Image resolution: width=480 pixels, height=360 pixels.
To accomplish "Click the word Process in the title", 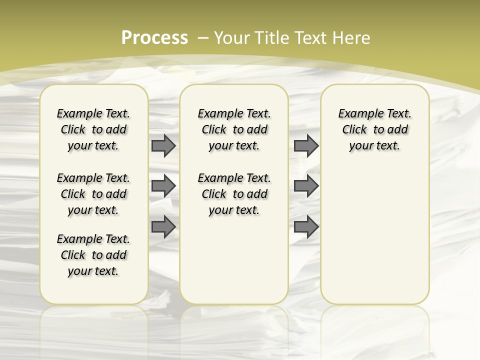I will point(154,37).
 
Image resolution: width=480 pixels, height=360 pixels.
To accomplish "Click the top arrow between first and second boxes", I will point(163,145).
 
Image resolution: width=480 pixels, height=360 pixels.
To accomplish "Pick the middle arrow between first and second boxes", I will point(163,186).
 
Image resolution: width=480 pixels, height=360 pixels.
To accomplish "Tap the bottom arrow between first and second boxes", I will point(163,227).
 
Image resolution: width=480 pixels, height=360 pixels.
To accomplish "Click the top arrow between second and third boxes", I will point(306,145).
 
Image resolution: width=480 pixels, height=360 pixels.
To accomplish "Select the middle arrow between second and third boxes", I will point(306,186).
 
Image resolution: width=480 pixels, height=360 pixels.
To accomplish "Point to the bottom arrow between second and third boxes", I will point(306,227).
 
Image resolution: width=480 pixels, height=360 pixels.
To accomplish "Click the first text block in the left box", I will point(93,129).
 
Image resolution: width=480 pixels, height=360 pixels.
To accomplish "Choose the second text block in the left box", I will point(93,194).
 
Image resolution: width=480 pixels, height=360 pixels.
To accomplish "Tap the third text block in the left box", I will point(93,255).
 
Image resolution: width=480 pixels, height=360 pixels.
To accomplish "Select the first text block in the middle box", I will point(234,129).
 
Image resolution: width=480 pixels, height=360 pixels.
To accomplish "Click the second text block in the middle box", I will point(234,194).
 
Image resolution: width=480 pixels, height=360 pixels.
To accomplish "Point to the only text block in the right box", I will point(374,129).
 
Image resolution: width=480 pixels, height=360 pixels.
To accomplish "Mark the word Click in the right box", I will point(354,130).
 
